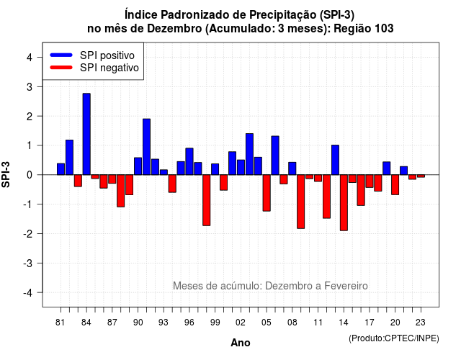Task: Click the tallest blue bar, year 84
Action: (x=86, y=134)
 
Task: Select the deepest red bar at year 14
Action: (x=344, y=203)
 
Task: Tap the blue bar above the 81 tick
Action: (x=61, y=169)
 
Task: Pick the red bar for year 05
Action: (x=267, y=193)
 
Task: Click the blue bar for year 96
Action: (x=189, y=161)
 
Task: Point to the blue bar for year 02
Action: (x=241, y=167)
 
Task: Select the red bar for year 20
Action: (x=395, y=184)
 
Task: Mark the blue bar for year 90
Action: (x=138, y=166)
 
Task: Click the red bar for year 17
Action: (x=370, y=181)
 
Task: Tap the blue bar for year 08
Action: (x=292, y=168)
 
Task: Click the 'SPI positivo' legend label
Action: (x=107, y=55)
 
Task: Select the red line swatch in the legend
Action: (x=61, y=68)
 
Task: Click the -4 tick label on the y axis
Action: (x=29, y=292)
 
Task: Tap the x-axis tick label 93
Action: (x=164, y=323)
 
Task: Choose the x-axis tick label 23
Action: (x=421, y=323)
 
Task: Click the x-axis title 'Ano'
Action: (x=241, y=343)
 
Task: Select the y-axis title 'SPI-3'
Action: (x=6, y=174)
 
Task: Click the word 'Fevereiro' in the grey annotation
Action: (x=346, y=286)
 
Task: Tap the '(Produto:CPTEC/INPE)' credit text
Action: (x=394, y=338)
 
